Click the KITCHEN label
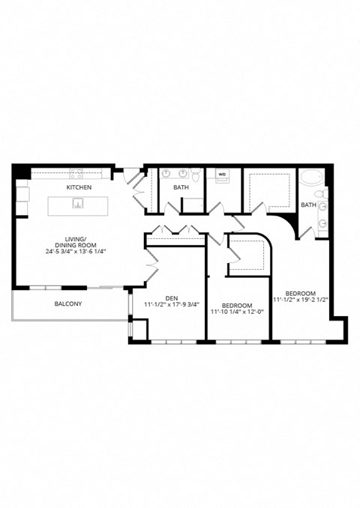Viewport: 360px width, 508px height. (x=79, y=187)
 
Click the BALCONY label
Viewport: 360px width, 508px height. (x=68, y=304)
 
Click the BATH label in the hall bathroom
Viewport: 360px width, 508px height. (x=181, y=187)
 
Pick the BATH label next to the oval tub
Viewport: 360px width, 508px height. (x=308, y=205)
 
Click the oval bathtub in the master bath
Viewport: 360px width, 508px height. (x=312, y=183)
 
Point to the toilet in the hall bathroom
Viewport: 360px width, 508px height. (x=196, y=176)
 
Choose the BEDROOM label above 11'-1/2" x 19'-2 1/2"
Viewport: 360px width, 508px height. (x=300, y=293)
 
